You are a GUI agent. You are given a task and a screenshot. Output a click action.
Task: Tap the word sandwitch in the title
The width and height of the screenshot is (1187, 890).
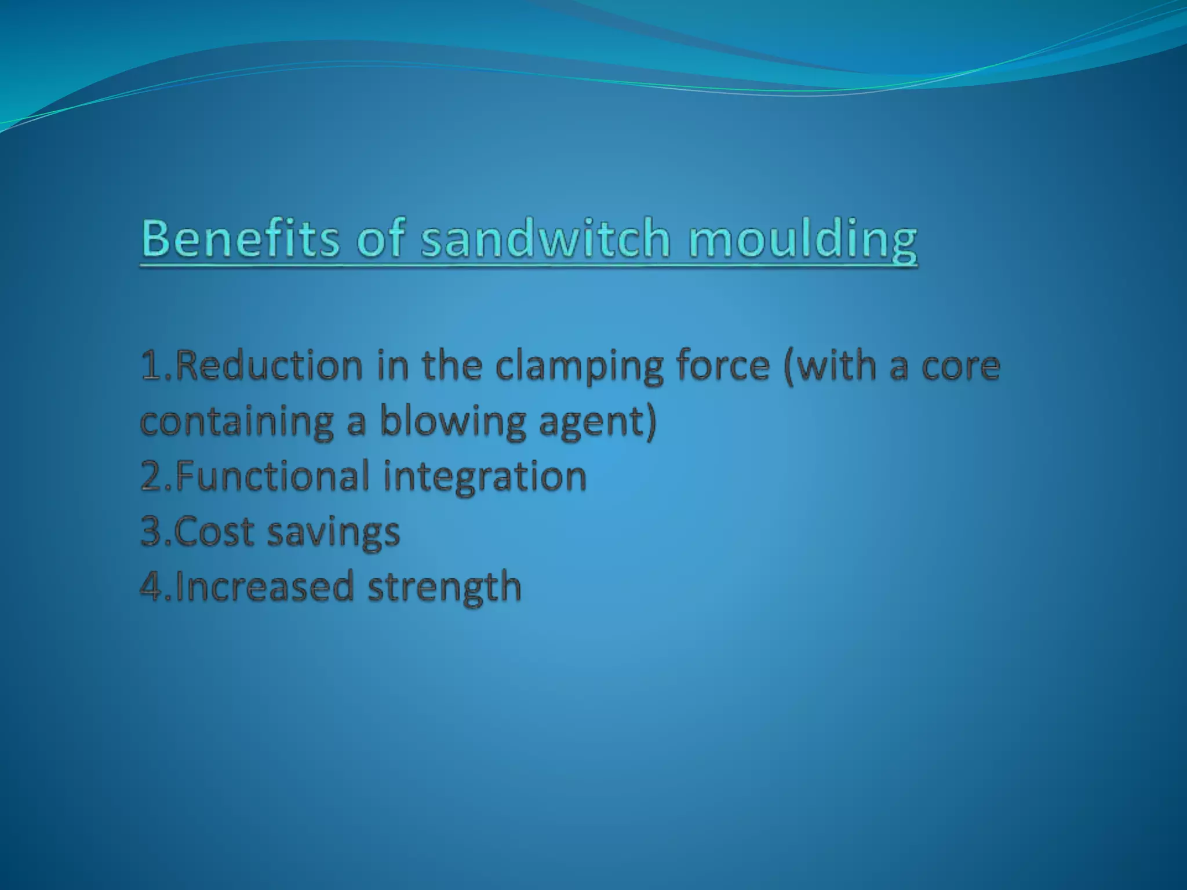(545, 239)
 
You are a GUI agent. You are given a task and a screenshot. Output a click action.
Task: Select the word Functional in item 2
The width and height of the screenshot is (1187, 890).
(272, 476)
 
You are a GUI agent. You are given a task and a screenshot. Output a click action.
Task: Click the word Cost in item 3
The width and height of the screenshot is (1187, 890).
(214, 531)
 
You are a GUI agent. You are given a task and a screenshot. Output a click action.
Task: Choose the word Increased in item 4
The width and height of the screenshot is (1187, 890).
(264, 586)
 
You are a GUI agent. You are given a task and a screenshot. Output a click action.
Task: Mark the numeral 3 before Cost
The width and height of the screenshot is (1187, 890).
(152, 531)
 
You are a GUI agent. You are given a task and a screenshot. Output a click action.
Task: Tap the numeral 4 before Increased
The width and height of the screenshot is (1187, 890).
(152, 586)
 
